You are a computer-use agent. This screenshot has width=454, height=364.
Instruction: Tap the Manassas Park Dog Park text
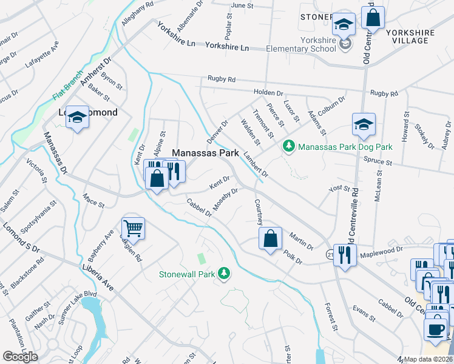pos(345,147)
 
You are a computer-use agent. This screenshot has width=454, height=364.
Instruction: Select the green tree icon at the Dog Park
pos(289,146)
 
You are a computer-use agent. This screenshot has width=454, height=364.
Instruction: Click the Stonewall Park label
pos(187,274)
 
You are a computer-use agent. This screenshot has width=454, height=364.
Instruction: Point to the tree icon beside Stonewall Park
pos(225,274)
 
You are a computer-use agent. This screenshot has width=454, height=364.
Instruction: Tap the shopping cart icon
pos(133,229)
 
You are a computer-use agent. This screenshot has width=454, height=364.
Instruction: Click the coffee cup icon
pos(435,329)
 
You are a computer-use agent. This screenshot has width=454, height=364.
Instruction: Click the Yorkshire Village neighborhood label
pos(418,35)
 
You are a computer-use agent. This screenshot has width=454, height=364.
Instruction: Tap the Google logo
pos(20,357)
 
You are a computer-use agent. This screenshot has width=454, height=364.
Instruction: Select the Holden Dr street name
pos(268,93)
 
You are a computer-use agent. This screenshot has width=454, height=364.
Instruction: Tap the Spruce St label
pos(378,161)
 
